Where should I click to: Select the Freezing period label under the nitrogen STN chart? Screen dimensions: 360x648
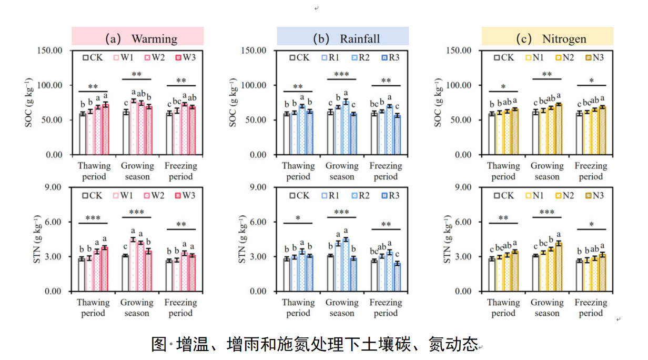591,308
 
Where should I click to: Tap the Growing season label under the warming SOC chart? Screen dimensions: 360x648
137,171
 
